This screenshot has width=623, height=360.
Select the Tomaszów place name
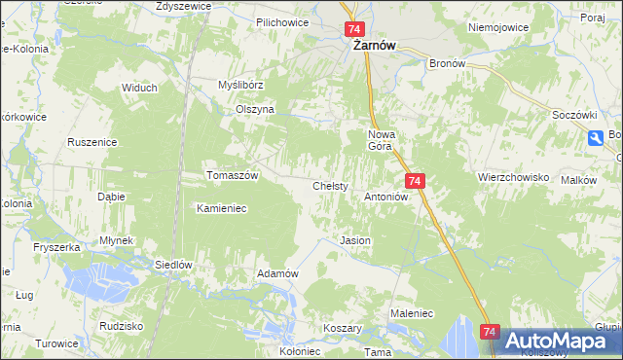pos(232,175)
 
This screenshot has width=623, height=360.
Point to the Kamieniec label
pos(224,208)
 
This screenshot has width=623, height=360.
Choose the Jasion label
pos(354,239)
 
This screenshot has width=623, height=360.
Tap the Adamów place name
pos(276,273)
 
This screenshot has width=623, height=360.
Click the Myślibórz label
pos(241,86)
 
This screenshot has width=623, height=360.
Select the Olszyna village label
pos(256,110)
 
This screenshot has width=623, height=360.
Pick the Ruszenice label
pos(92,142)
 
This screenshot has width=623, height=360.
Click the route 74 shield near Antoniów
pos(415,181)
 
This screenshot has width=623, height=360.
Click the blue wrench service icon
pos(595,139)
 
